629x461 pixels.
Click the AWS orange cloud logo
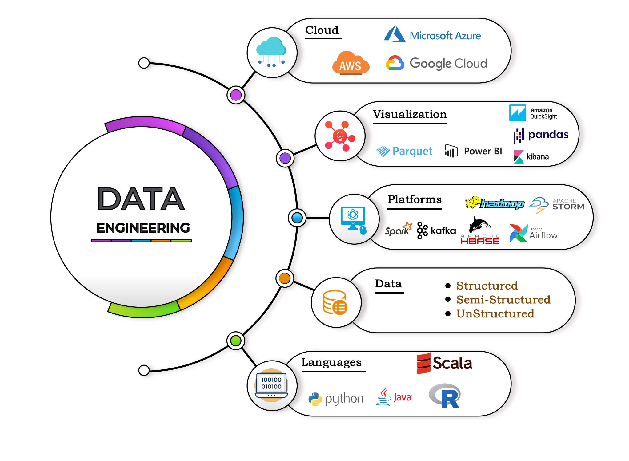[x=351, y=63]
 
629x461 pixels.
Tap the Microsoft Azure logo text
[x=445, y=36]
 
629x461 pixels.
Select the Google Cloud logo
[x=436, y=63]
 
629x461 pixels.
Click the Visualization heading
[x=410, y=114]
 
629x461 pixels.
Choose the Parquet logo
[x=404, y=151]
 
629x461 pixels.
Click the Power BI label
[x=483, y=151]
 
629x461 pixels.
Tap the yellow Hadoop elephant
[x=473, y=202]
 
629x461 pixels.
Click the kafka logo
[x=436, y=230]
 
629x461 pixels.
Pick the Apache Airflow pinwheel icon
[x=518, y=233]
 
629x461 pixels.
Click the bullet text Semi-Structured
[x=503, y=299]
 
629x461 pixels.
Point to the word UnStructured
[x=495, y=313]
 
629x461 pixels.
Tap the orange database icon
[x=335, y=302]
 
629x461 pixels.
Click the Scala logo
[x=444, y=363]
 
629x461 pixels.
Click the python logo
[x=336, y=399]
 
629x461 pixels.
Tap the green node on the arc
[x=236, y=341]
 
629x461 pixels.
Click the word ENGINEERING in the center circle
[x=143, y=228]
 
